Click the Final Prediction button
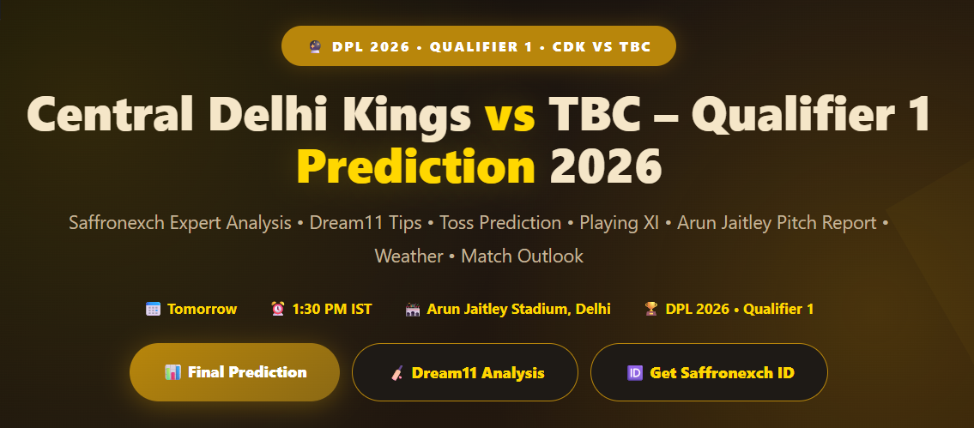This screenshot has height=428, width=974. point(234,372)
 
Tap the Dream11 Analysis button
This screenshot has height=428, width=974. point(464,373)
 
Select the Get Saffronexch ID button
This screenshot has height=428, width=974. point(709,373)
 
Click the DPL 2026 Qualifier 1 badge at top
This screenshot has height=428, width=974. point(478,46)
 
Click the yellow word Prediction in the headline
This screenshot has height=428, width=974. point(415,166)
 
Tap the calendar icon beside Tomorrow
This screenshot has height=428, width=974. point(153,309)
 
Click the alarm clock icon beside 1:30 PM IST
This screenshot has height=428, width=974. point(278,309)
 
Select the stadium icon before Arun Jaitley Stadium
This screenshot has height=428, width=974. point(413,309)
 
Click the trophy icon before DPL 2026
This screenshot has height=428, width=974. point(651,309)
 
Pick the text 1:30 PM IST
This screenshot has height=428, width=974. point(332,309)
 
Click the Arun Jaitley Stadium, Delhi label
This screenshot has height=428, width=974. point(518,309)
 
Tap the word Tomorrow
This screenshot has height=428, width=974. point(202,309)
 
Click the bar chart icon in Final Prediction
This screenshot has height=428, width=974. point(172,372)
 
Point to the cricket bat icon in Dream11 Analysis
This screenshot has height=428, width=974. point(397,373)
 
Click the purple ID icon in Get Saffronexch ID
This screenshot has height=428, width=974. point(635,373)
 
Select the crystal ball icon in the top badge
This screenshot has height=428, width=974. point(315,46)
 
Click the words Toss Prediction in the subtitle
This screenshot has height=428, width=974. point(500,223)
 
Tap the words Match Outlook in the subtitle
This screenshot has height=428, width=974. point(523,256)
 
